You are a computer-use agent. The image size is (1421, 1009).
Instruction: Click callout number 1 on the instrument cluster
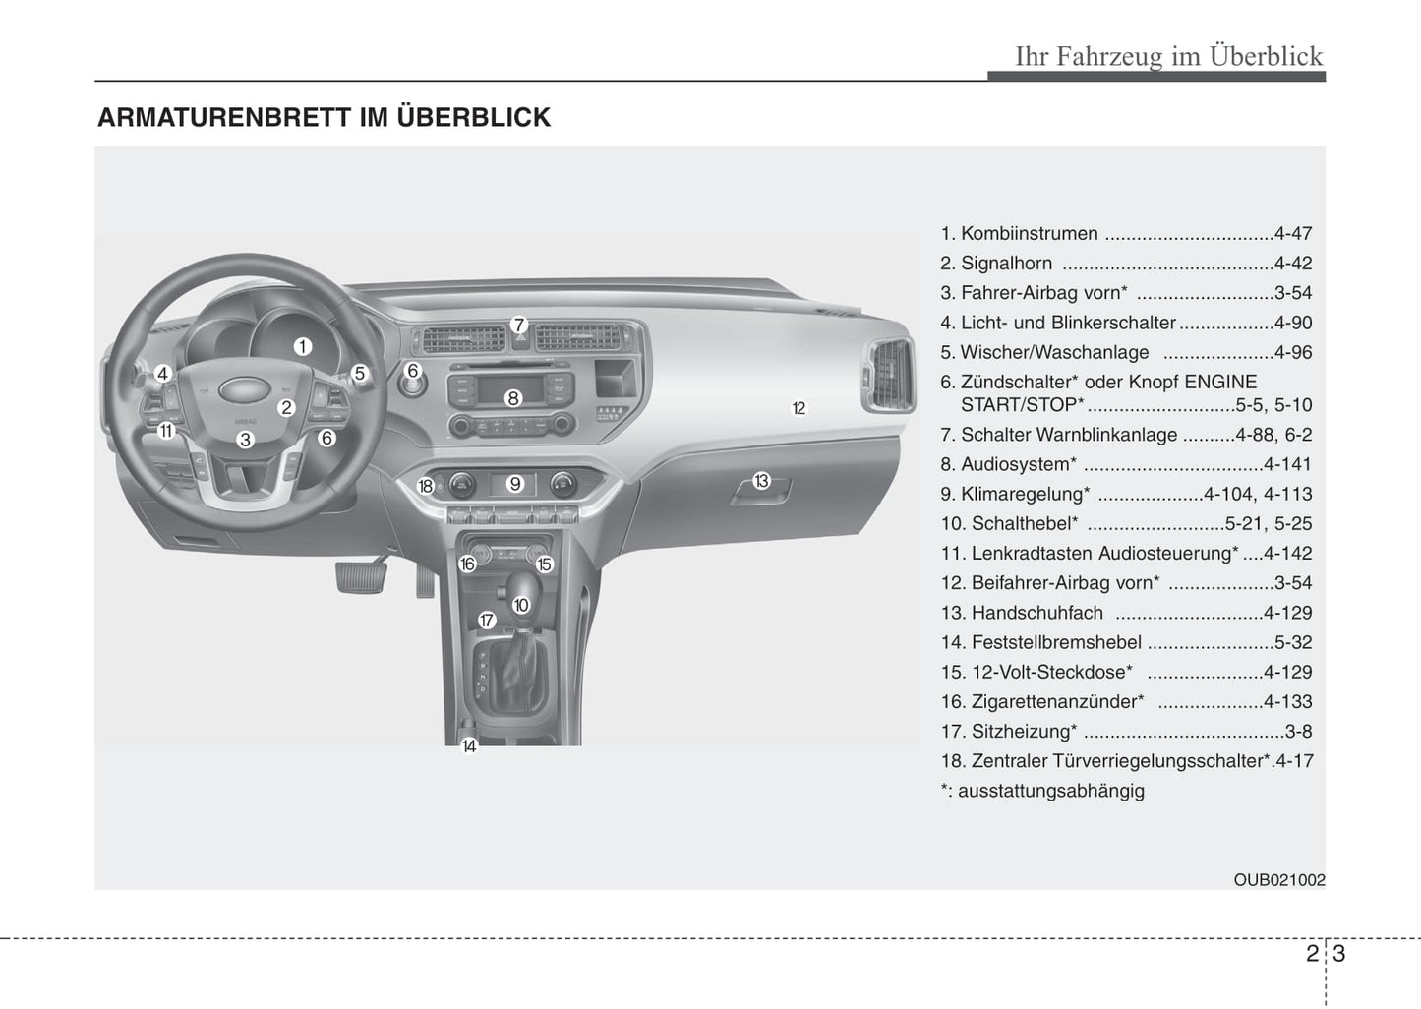pyautogui.click(x=302, y=346)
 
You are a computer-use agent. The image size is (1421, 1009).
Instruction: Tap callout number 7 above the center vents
pyautogui.click(x=519, y=326)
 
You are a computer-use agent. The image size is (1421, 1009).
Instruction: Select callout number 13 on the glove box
pyautogui.click(x=761, y=481)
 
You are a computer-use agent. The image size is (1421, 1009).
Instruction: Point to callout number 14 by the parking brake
pyautogui.click(x=469, y=746)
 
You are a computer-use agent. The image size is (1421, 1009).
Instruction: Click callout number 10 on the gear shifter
pyautogui.click(x=521, y=605)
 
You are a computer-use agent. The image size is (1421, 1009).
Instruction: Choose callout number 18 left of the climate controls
pyautogui.click(x=425, y=486)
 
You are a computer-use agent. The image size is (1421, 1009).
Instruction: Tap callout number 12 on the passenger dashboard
pyautogui.click(x=799, y=408)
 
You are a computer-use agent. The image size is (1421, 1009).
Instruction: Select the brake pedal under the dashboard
pyautogui.click(x=359, y=576)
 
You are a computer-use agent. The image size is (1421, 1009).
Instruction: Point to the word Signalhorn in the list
pyautogui.click(x=1006, y=264)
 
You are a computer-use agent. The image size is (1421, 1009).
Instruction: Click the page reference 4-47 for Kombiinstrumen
pyautogui.click(x=1292, y=234)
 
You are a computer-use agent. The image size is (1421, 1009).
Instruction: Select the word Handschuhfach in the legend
pyautogui.click(x=1036, y=613)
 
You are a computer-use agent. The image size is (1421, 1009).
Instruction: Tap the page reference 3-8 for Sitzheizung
pyautogui.click(x=1298, y=732)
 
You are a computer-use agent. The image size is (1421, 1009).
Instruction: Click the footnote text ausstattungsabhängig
pyautogui.click(x=1050, y=791)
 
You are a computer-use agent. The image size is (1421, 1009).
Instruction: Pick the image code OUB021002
pyautogui.click(x=1278, y=880)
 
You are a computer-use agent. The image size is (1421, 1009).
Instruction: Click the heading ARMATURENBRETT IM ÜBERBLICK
pyautogui.click(x=324, y=117)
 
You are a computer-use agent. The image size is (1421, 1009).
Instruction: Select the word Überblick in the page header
pyautogui.click(x=1266, y=56)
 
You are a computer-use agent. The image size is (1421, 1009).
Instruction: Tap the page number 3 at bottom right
pyautogui.click(x=1338, y=953)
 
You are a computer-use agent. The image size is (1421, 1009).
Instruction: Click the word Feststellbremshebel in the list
pyautogui.click(x=1056, y=642)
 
